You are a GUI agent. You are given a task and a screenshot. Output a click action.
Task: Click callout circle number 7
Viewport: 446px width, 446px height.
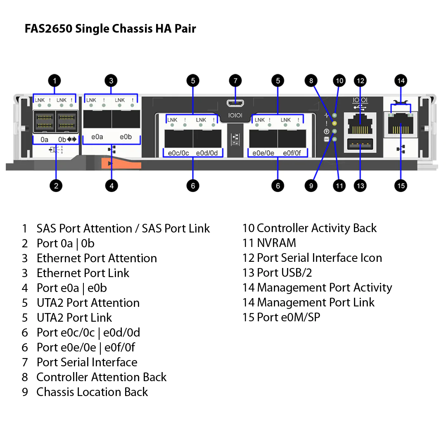click(235, 81)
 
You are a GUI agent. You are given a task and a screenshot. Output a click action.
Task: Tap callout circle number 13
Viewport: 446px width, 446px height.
click(360, 186)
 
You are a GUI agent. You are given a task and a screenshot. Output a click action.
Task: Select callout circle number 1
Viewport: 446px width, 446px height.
click(55, 81)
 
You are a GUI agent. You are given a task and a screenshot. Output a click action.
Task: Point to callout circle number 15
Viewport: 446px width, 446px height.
click(401, 186)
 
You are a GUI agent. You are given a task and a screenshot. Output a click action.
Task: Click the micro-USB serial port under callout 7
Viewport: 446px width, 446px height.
click(235, 103)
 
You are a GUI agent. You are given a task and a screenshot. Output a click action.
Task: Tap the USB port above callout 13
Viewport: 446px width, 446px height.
click(360, 144)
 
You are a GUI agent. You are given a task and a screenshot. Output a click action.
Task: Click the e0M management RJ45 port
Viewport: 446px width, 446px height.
click(401, 124)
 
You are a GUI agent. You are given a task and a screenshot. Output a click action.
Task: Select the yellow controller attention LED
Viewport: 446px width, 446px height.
click(334, 123)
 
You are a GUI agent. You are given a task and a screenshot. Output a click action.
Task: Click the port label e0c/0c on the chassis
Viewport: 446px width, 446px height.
click(178, 153)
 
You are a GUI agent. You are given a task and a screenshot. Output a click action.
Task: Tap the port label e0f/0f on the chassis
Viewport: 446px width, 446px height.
click(292, 153)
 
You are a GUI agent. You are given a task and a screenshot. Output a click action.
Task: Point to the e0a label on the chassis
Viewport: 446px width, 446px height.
click(97, 137)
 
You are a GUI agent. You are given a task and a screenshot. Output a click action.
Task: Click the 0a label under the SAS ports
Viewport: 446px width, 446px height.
click(44, 140)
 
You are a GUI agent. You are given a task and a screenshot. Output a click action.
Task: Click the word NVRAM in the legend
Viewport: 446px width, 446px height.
click(276, 243)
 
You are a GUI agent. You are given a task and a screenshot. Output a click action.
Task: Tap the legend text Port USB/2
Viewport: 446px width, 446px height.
click(285, 273)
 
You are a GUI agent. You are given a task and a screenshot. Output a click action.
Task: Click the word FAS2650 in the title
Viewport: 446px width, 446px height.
click(48, 29)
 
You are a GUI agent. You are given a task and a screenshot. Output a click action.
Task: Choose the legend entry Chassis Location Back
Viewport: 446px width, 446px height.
click(92, 392)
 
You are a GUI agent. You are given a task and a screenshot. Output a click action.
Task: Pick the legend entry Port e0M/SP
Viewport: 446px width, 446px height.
click(288, 317)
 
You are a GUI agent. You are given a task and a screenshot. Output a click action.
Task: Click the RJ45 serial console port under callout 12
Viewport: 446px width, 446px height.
click(360, 125)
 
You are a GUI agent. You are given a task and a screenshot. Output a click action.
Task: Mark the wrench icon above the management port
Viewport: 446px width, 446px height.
click(401, 103)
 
